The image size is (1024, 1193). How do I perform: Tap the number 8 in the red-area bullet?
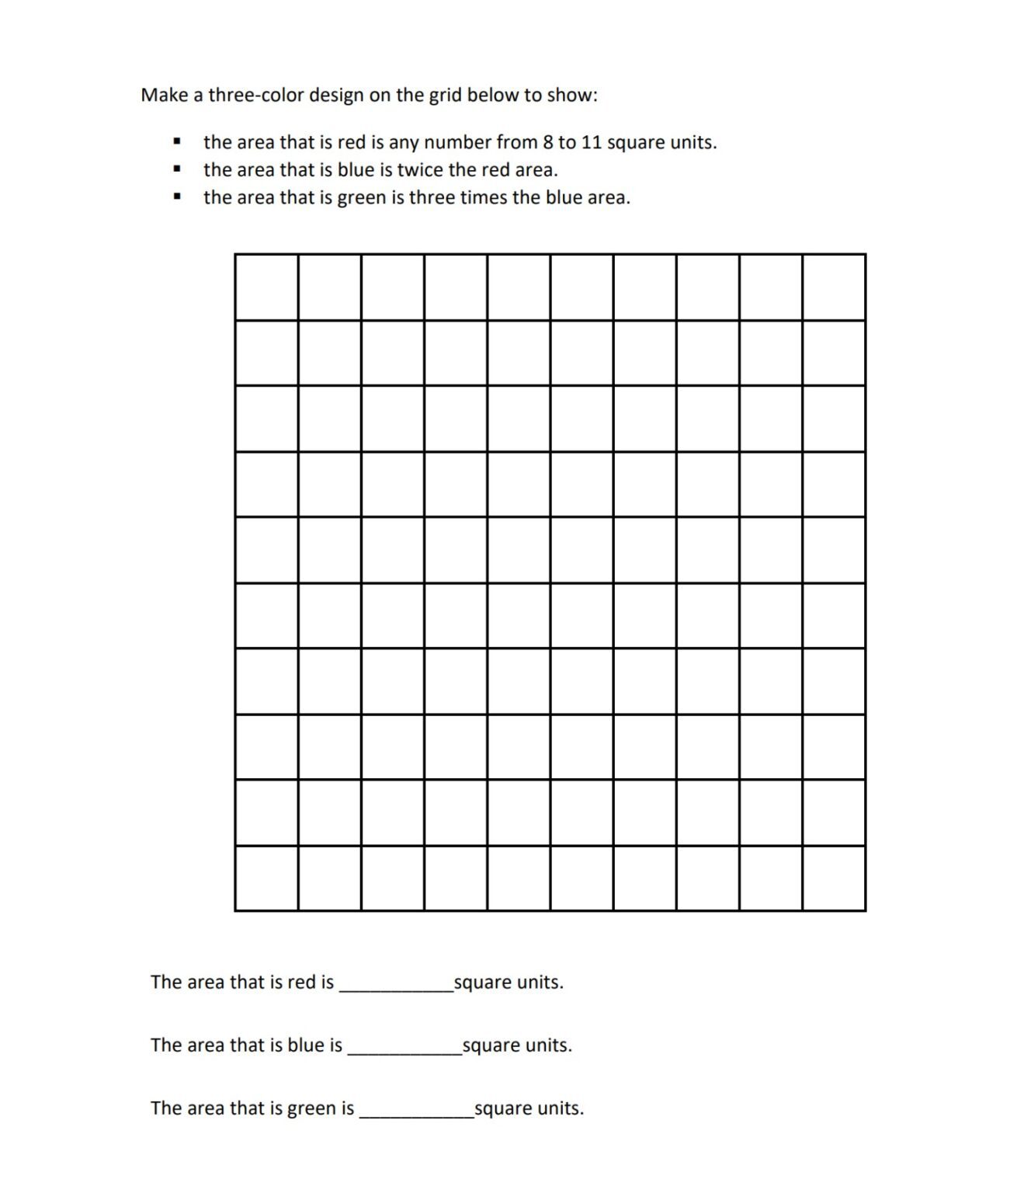(x=547, y=143)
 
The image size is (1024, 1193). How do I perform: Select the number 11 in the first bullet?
(x=592, y=143)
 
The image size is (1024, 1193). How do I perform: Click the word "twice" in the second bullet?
(x=419, y=170)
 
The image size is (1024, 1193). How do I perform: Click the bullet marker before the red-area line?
(x=178, y=142)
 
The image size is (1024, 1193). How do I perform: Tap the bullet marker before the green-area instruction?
(x=178, y=197)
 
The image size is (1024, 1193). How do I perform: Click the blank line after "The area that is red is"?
(x=396, y=986)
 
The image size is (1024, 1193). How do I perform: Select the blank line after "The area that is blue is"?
(x=404, y=1049)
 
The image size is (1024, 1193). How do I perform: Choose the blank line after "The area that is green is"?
(x=416, y=1112)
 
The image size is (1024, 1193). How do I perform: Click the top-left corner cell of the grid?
(x=266, y=287)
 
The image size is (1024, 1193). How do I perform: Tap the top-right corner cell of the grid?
(x=834, y=287)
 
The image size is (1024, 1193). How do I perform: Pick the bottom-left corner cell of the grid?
(x=266, y=878)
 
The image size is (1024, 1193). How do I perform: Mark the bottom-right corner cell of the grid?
(x=834, y=878)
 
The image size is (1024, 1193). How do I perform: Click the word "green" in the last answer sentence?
(x=310, y=1108)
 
